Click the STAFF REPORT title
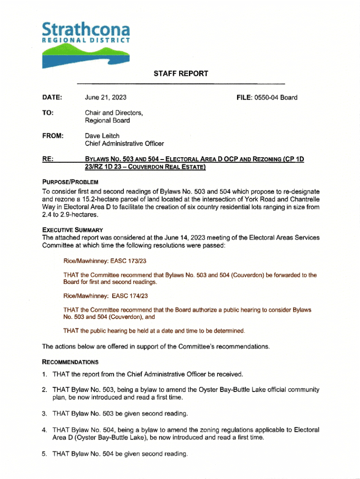click(x=180, y=73)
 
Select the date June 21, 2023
click(x=106, y=98)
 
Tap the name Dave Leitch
click(x=102, y=136)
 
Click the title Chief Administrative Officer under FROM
click(x=124, y=144)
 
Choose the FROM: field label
click(x=52, y=136)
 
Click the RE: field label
click(x=47, y=159)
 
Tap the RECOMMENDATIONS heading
click(x=70, y=362)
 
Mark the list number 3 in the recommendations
click(x=44, y=414)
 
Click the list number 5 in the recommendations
click(x=44, y=454)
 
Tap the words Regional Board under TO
click(x=107, y=121)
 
